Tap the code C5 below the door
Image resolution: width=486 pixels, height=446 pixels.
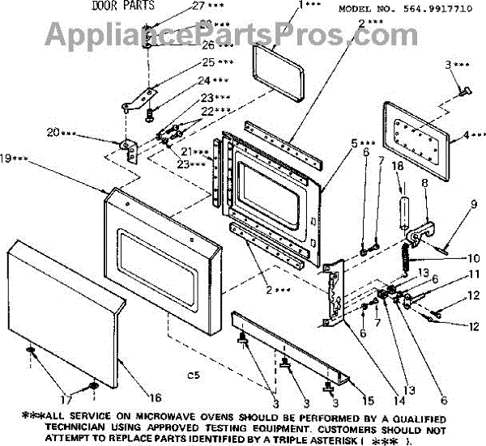point(193,375)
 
